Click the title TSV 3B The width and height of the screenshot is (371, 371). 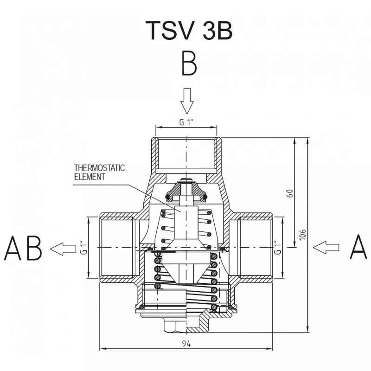[x=189, y=30]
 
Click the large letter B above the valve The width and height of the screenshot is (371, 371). [x=189, y=64]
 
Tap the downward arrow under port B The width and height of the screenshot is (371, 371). [x=187, y=101]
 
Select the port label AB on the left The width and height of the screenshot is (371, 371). [x=23, y=248]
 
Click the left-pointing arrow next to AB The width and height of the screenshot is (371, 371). [x=63, y=249]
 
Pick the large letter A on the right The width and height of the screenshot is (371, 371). [x=358, y=247]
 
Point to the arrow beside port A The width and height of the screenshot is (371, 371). [x=326, y=248]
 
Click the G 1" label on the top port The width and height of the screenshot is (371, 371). [x=186, y=122]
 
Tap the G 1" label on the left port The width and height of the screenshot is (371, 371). [x=83, y=248]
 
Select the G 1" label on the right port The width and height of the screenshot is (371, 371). [x=277, y=248]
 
